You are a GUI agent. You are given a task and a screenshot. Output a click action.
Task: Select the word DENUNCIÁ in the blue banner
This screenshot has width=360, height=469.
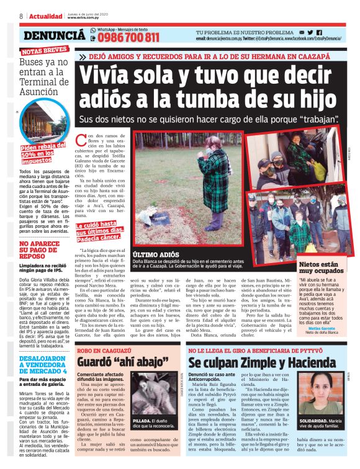click(x=53, y=37)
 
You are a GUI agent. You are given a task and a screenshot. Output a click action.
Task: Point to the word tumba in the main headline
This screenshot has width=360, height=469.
click(x=208, y=98)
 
